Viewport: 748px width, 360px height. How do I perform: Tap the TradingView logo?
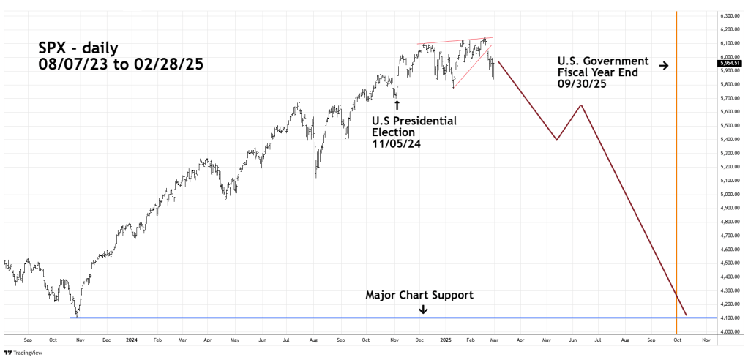[30, 353]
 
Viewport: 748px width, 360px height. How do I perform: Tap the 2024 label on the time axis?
[132, 340]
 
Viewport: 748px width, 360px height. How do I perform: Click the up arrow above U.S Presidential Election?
[397, 105]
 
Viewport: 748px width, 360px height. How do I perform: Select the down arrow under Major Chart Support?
[423, 310]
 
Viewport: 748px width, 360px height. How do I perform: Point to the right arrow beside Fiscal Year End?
[663, 66]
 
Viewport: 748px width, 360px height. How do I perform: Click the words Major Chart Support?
[419, 295]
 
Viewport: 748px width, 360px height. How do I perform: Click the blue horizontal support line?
[293, 318]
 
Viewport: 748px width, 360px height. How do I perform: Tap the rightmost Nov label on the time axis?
[705, 340]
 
